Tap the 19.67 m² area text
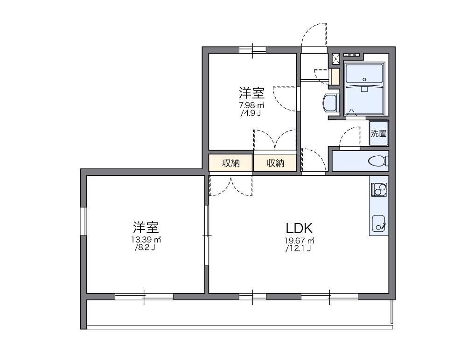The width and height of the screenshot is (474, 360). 299,241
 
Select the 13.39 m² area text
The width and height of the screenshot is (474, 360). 146,240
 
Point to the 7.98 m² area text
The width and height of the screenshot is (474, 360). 252,105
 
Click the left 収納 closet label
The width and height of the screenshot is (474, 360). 230,163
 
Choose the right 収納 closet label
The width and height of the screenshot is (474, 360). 275,163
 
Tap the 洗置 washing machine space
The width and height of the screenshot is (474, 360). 378,133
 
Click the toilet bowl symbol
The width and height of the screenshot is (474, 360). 377,161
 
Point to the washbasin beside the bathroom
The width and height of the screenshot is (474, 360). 330,103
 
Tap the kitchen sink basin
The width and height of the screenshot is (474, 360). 378,222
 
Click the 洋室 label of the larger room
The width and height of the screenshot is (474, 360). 146,228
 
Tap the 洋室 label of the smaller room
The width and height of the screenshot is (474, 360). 252,92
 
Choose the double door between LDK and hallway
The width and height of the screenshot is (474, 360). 230,186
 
